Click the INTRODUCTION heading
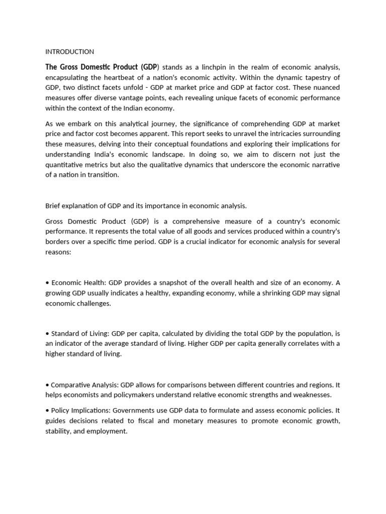point(69,52)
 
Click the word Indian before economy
point(144,108)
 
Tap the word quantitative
point(66,165)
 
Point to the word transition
point(103,175)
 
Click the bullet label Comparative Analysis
point(82,384)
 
